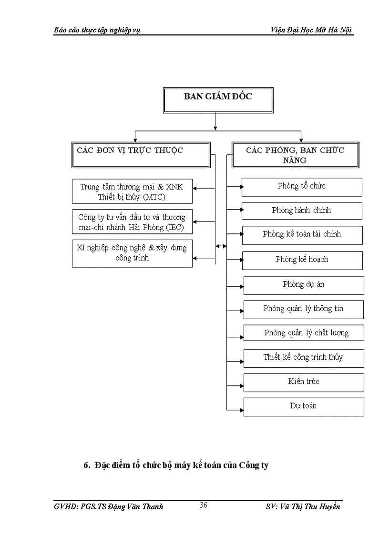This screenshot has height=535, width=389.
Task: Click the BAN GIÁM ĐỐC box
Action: click(x=218, y=100)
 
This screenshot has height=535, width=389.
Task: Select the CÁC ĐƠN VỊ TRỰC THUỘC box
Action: click(x=141, y=154)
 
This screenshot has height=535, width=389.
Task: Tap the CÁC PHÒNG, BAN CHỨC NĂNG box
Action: click(x=295, y=155)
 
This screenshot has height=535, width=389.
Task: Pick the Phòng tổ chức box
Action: click(x=302, y=187)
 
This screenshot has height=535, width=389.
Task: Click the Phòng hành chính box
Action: click(x=302, y=211)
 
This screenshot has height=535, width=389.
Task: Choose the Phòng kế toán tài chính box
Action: click(x=302, y=235)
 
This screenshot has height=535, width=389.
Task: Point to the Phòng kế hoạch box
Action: click(x=302, y=260)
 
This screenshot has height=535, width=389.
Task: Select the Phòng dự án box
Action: click(x=304, y=285)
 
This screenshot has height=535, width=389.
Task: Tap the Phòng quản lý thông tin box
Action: click(x=303, y=309)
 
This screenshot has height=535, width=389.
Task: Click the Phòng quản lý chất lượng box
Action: click(x=304, y=333)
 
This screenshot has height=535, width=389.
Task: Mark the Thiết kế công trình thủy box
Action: click(x=304, y=358)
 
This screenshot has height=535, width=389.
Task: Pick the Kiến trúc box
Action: click(x=304, y=382)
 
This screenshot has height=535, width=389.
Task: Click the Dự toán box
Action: click(x=304, y=406)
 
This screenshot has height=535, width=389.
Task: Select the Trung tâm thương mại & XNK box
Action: click(x=132, y=192)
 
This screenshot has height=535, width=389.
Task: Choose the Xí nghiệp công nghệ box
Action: click(x=132, y=253)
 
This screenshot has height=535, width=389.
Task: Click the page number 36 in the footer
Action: click(x=204, y=505)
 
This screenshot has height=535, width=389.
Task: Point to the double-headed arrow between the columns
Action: click(x=221, y=246)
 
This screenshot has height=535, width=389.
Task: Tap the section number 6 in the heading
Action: click(x=86, y=464)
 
